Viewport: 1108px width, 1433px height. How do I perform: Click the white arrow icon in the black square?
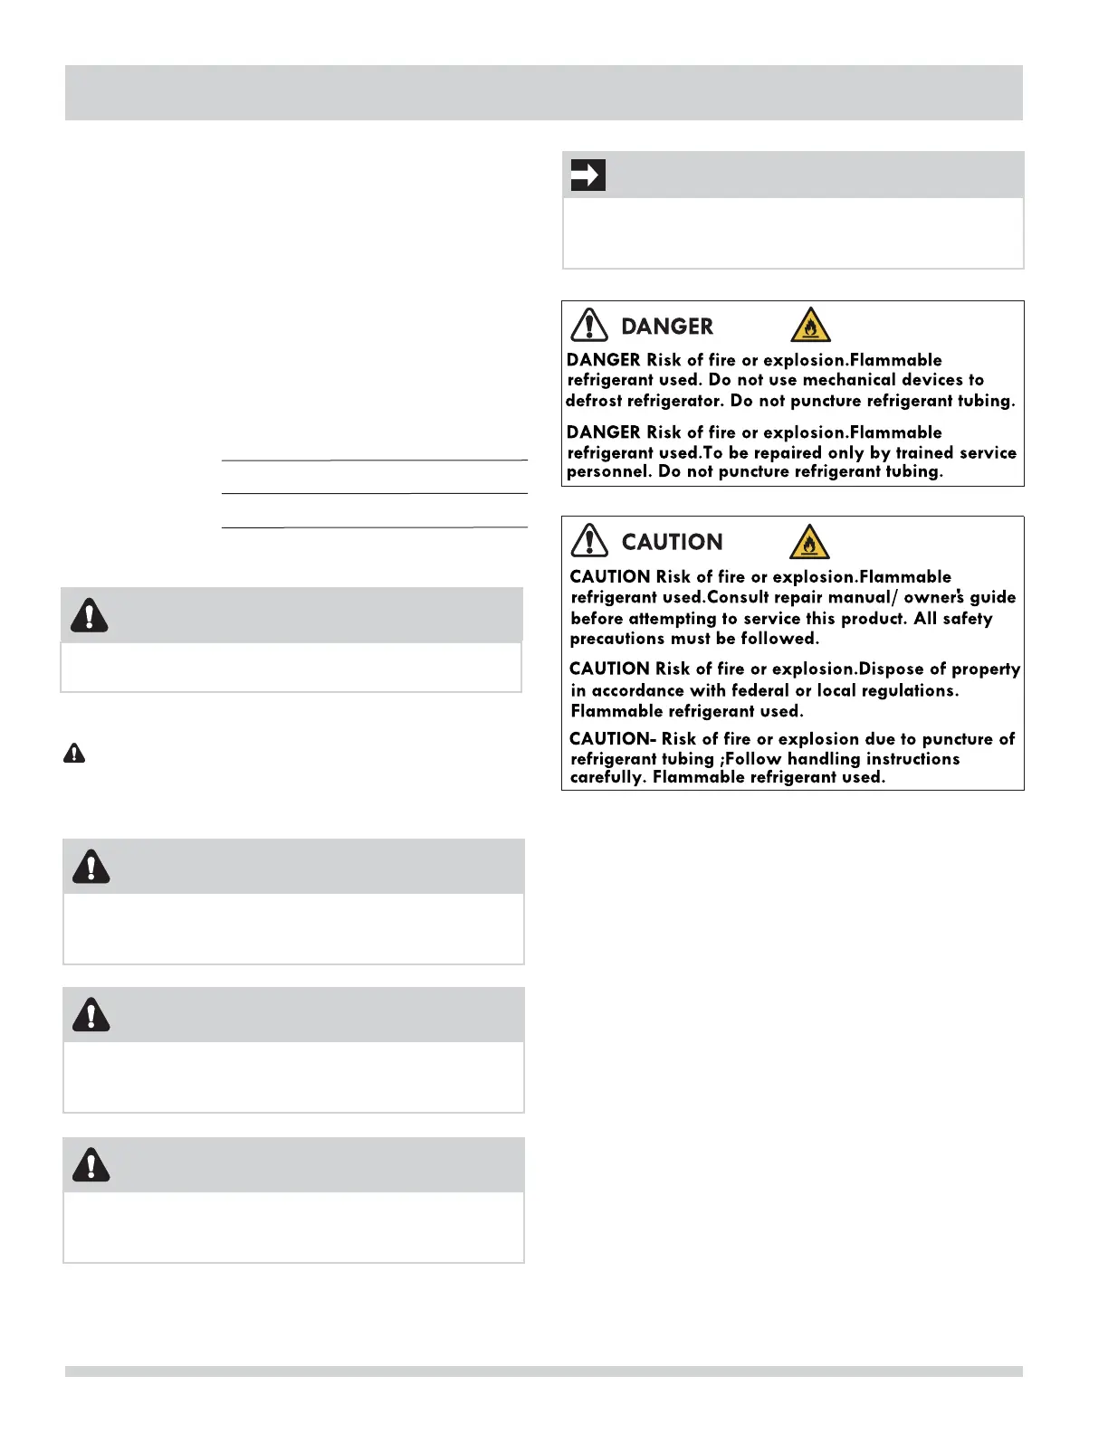coord(588,175)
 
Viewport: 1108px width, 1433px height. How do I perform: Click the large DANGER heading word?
coord(667,327)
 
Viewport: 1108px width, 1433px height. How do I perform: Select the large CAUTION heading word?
coord(672,542)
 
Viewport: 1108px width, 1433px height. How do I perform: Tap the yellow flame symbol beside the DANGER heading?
coord(810,325)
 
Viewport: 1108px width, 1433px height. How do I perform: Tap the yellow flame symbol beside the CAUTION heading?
coord(809,542)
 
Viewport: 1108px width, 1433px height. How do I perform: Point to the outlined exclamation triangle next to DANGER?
coord(589,325)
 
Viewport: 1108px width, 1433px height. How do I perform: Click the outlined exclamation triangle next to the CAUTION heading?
coord(589,540)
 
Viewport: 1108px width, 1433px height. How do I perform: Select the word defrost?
coord(594,401)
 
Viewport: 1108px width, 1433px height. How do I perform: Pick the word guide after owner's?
coord(993,597)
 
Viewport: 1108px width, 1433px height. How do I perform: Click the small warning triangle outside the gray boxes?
coord(74,753)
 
